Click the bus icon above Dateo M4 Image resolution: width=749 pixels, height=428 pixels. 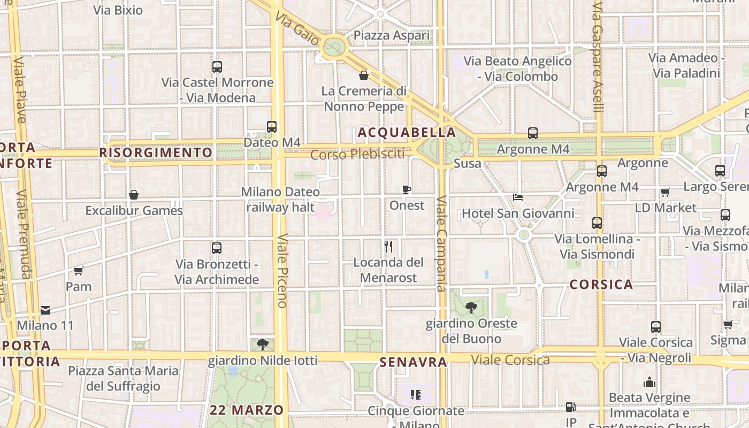click(272, 127)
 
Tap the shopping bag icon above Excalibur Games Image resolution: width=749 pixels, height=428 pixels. click(134, 195)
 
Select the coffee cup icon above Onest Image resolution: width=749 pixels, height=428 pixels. click(407, 189)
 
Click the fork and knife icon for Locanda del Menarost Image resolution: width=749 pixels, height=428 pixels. click(388, 247)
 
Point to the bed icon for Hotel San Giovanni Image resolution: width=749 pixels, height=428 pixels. click(518, 197)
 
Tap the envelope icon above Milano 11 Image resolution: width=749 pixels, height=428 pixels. click(45, 310)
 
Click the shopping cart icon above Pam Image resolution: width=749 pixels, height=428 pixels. click(79, 271)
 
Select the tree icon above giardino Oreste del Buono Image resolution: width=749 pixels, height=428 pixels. click(471, 308)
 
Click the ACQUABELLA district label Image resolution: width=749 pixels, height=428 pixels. click(407, 132)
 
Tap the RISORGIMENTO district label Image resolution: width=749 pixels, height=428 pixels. click(156, 152)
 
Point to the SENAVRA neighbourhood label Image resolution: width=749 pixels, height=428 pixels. click(413, 362)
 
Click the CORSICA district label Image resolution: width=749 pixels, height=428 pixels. click(601, 285)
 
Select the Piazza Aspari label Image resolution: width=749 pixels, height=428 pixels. click(392, 35)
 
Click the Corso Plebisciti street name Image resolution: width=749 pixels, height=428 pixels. click(357, 155)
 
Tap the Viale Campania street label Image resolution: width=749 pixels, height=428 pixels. click(441, 243)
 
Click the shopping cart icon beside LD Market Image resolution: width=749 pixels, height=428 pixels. click(665, 192)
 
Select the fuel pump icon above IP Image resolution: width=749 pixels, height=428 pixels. click(571, 407)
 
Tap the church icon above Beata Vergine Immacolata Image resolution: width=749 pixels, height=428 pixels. click(649, 382)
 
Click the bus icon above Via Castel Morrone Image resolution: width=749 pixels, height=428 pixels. click(217, 67)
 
